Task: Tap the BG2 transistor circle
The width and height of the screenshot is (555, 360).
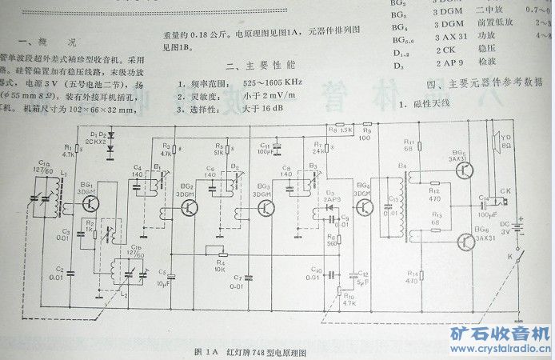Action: (x=190, y=209)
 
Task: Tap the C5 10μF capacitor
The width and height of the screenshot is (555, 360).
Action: (x=166, y=273)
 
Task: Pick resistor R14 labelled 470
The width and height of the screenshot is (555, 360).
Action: (x=410, y=271)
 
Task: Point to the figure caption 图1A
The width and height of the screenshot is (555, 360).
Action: (x=207, y=352)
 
